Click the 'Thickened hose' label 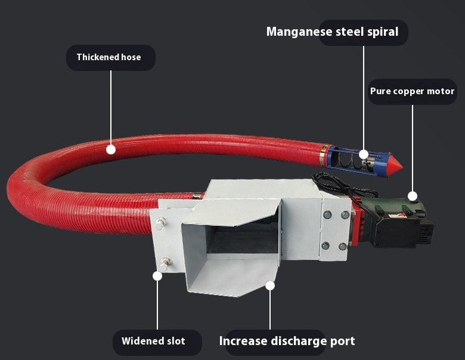[x=109, y=58]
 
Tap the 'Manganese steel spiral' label [x=332, y=32]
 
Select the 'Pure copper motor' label [x=412, y=91]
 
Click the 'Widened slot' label [x=153, y=342]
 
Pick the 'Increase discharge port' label [x=287, y=342]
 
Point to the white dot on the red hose [x=111, y=150]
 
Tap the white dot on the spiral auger [x=364, y=154]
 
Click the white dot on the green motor [x=412, y=195]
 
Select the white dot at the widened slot [x=158, y=276]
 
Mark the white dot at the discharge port [x=270, y=285]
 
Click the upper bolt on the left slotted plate [x=160, y=224]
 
